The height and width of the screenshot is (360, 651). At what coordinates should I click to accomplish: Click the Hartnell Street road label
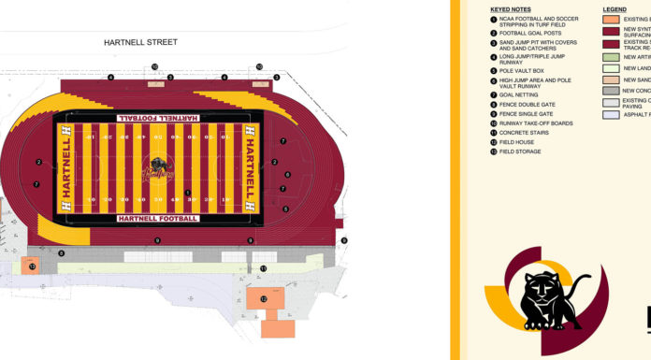pyautogui.click(x=140, y=42)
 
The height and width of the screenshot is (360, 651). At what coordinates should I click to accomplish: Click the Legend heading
pyautogui.click(x=615, y=8)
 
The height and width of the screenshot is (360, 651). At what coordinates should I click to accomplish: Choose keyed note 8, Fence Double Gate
pyautogui.click(x=526, y=104)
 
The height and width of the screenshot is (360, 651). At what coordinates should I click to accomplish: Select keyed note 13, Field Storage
pyautogui.click(x=520, y=151)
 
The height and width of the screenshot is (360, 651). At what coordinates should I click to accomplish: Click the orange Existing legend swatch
pyautogui.click(x=611, y=19)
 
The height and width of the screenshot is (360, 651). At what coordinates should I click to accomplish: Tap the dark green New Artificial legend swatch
pyautogui.click(x=611, y=57)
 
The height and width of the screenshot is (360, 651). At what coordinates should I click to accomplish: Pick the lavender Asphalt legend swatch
pyautogui.click(x=611, y=114)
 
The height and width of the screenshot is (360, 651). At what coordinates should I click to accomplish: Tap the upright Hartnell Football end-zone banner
pyautogui.click(x=157, y=219)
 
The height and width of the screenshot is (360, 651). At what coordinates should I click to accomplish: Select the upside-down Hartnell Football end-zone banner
pyautogui.click(x=157, y=118)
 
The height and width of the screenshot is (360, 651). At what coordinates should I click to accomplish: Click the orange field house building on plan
pyautogui.click(x=265, y=300)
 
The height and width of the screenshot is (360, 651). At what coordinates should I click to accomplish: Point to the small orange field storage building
pyautogui.click(x=32, y=266)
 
